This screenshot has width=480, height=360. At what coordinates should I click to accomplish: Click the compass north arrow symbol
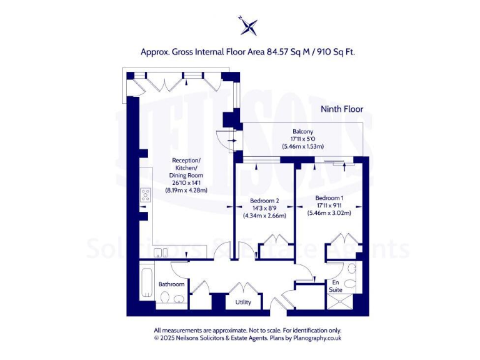coord(249,26)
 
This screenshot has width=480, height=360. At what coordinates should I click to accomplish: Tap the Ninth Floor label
coord(341,109)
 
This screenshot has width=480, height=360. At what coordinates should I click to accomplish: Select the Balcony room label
coord(302,131)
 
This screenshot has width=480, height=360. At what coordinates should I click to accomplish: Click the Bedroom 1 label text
coord(329,198)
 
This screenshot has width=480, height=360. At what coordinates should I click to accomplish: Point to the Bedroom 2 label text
coord(264,201)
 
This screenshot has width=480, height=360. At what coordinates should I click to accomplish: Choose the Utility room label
coord(243,302)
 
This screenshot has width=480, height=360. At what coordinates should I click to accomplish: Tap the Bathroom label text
coord(171,284)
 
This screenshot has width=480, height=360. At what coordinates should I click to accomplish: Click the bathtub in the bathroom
coord(146,282)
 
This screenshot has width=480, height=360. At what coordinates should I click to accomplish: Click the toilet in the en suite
coord(351,285)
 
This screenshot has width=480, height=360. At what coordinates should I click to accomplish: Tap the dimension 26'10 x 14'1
coord(186,183)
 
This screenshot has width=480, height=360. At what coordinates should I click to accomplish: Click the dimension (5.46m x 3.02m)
coord(329,213)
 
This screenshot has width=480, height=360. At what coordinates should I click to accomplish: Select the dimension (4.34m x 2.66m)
coord(264,216)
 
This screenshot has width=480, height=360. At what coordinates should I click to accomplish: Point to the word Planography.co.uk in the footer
coord(316,338)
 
